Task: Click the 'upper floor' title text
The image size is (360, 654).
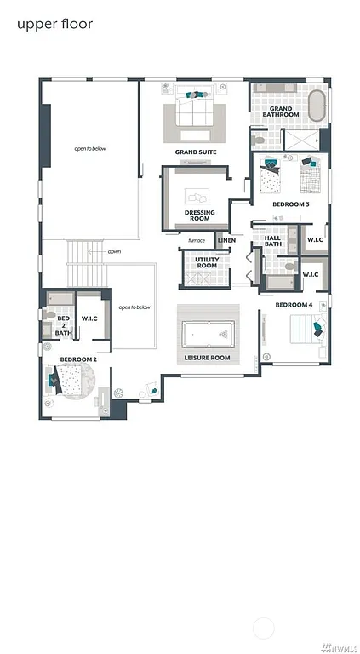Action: (54, 24)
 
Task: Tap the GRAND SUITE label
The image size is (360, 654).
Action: (196, 152)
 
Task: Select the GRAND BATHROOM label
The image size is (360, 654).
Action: (282, 112)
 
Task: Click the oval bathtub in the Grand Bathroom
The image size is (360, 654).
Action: (316, 106)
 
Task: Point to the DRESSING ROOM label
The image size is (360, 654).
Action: (199, 215)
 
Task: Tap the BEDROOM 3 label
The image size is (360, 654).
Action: (291, 204)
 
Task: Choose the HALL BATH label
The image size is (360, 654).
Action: (272, 242)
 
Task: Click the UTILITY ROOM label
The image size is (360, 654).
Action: (206, 262)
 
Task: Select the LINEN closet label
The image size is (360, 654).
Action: (226, 240)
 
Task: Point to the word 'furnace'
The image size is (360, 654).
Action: (197, 240)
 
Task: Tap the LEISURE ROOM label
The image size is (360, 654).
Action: (208, 358)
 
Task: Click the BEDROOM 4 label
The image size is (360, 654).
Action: (294, 304)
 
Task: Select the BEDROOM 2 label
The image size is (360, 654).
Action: (77, 359)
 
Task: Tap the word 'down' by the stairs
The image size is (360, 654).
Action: (114, 252)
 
